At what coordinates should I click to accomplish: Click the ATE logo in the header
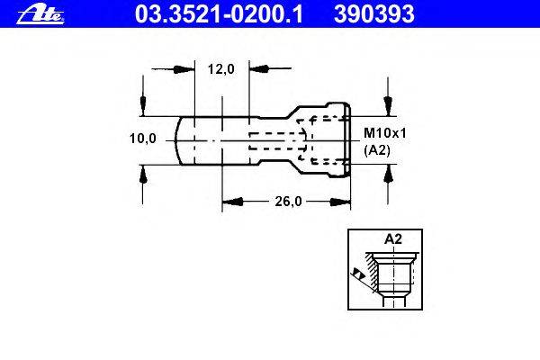pos(40,15)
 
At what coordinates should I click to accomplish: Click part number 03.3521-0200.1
pos(219,14)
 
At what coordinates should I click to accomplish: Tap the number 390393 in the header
pos(374,14)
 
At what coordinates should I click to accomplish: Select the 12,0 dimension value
pos(221,69)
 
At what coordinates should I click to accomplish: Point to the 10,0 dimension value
pos(142,139)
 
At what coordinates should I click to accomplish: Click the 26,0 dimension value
pos(288,202)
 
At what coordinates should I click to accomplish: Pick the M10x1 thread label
pos(385,133)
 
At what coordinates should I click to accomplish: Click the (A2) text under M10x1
pos(377,150)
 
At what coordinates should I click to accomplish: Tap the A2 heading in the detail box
pos(393,238)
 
